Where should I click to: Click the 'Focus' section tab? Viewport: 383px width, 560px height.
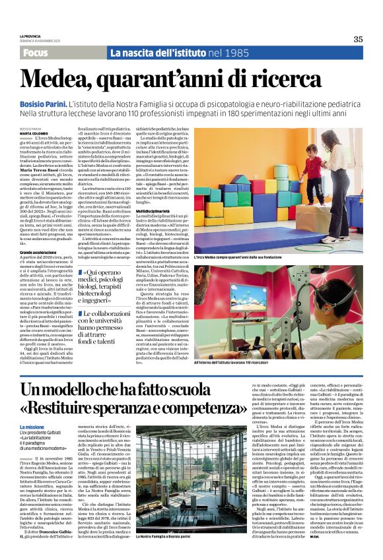[38, 53]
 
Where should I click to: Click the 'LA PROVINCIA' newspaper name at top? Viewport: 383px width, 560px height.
[30, 36]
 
